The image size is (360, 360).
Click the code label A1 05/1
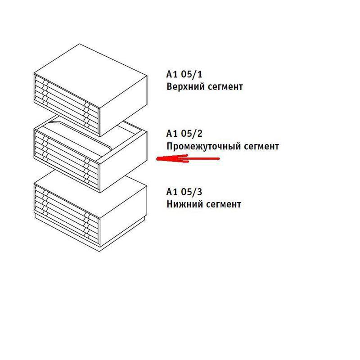pyautogui.click(x=184, y=74)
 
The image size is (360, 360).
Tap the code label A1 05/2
pyautogui.click(x=184, y=133)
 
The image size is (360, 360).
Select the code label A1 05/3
pyautogui.click(x=184, y=192)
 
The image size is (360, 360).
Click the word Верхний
pyautogui.click(x=185, y=87)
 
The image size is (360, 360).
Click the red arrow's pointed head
pyautogui.click(x=157, y=159)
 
